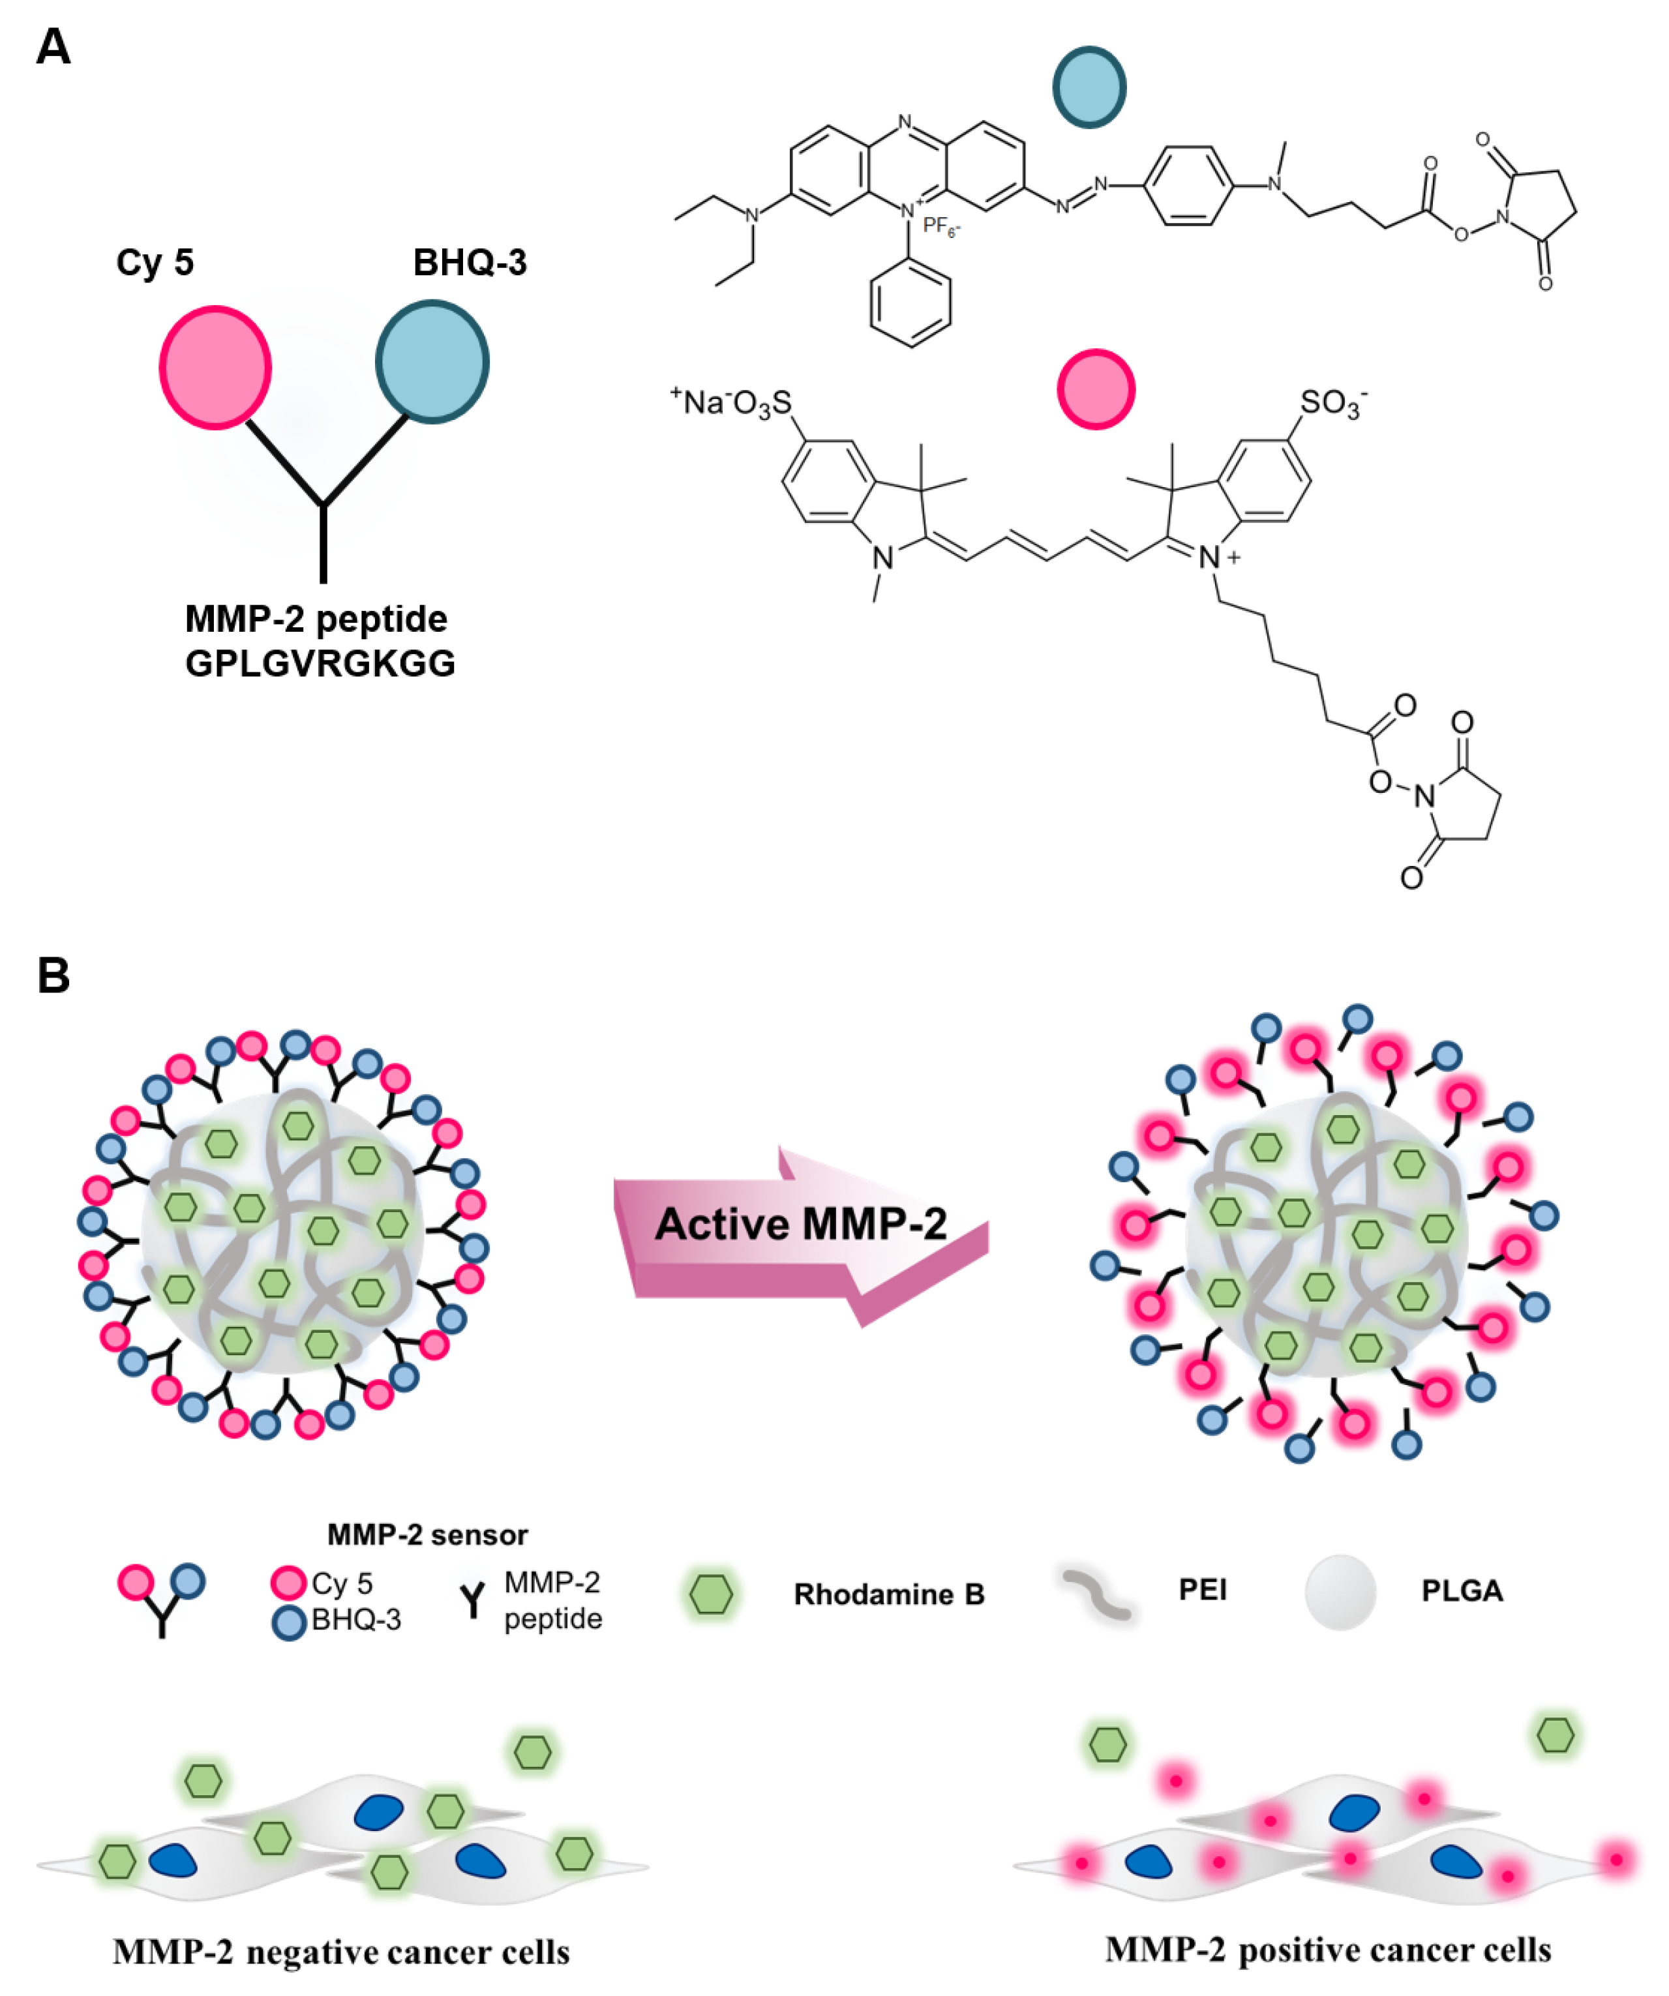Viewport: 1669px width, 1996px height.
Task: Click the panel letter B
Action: pyautogui.click(x=53, y=976)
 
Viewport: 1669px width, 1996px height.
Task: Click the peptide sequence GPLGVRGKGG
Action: pyautogui.click(x=320, y=663)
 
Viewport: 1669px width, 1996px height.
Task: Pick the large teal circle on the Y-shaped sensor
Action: pyautogui.click(x=432, y=362)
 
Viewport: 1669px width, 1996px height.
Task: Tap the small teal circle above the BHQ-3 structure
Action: pyautogui.click(x=1089, y=87)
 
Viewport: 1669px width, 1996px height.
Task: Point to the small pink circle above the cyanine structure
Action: pyautogui.click(x=1096, y=389)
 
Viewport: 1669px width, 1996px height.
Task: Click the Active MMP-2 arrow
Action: pyautogui.click(x=800, y=1225)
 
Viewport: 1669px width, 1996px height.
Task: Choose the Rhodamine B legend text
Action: pyautogui.click(x=889, y=1594)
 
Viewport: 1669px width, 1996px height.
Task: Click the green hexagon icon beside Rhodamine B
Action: pyautogui.click(x=711, y=1594)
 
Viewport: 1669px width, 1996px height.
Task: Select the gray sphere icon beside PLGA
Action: pyautogui.click(x=1340, y=1592)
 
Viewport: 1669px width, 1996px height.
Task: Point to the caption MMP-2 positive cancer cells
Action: pyautogui.click(x=1328, y=1950)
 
